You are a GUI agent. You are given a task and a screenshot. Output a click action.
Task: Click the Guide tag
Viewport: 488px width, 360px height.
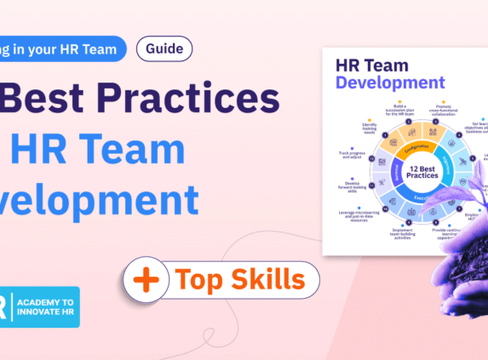pos(164,49)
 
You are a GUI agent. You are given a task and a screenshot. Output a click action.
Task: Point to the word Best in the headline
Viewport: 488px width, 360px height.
pos(59,100)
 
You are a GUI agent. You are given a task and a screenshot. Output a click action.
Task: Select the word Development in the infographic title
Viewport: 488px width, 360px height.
pos(390,83)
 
